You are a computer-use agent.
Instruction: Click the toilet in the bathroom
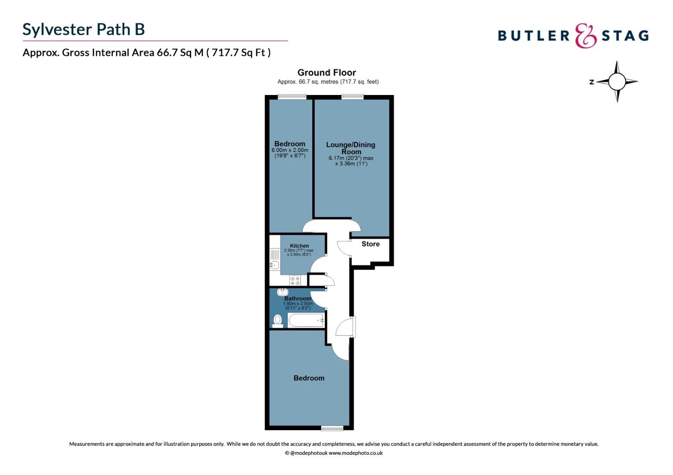(x=277, y=321)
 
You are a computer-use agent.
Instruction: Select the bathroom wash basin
(x=282, y=292)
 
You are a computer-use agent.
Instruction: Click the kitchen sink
(x=274, y=265)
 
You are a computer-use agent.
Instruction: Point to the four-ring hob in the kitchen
(x=295, y=281)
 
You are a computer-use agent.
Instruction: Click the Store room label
(x=370, y=244)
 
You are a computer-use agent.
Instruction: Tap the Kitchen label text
(x=299, y=246)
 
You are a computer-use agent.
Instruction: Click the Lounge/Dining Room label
(x=351, y=148)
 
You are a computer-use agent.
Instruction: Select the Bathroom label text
(x=298, y=299)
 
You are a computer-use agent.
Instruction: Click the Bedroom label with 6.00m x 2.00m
(x=289, y=144)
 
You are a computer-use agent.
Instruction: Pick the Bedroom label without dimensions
(x=309, y=378)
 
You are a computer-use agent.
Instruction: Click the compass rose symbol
(x=617, y=81)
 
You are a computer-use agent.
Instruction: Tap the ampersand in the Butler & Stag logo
(x=586, y=36)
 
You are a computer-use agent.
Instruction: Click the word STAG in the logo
(x=625, y=36)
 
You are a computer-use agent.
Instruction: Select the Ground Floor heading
(x=326, y=73)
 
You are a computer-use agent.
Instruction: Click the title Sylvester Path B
(x=84, y=29)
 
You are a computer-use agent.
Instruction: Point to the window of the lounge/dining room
(x=352, y=97)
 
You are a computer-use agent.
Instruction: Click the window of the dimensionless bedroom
(x=332, y=428)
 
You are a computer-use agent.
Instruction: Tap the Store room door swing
(x=343, y=248)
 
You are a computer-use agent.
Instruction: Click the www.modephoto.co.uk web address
(x=355, y=453)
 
